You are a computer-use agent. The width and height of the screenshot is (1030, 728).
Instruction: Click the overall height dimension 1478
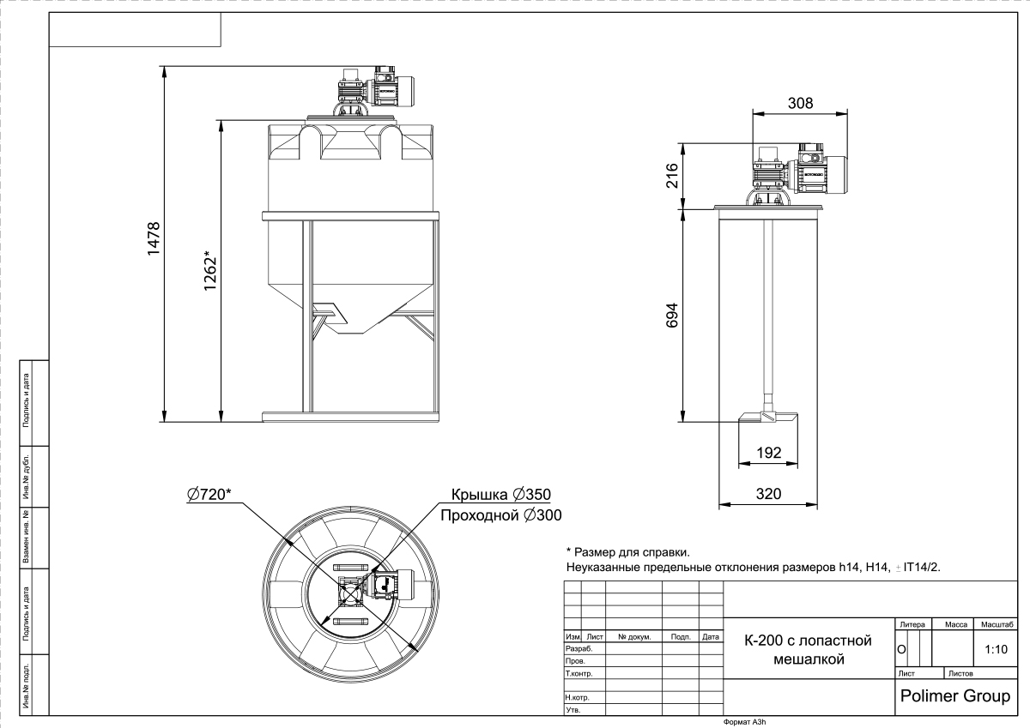tap(154, 239)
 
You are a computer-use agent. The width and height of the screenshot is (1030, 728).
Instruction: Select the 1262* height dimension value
tap(209, 270)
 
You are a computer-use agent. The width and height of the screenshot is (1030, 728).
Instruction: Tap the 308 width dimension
tap(800, 104)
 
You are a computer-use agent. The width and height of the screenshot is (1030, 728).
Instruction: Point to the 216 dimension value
tap(672, 176)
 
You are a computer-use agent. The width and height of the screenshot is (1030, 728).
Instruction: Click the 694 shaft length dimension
tap(672, 315)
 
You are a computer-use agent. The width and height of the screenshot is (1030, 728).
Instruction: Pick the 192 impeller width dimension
tap(769, 453)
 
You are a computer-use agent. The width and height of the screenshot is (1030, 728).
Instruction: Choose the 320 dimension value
tap(768, 494)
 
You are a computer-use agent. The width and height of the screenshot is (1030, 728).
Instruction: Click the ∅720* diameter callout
tap(209, 494)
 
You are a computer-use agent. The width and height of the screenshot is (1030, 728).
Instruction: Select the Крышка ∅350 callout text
tap(500, 494)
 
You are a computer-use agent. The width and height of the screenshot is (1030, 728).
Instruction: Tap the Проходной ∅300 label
tap(501, 515)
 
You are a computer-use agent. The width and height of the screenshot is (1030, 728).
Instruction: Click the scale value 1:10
tap(996, 649)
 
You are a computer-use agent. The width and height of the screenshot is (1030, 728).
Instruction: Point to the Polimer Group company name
tap(955, 696)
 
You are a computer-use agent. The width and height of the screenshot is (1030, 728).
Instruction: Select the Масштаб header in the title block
tap(997, 624)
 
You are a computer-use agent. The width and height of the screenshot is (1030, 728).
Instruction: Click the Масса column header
tap(956, 624)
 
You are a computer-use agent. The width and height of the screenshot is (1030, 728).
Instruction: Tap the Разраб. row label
tap(579, 648)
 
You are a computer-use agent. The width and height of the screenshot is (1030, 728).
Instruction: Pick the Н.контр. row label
tap(577, 697)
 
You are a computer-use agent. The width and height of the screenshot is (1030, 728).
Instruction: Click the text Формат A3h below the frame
tap(744, 722)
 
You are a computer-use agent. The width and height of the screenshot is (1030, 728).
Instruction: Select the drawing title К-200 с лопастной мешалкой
tap(808, 649)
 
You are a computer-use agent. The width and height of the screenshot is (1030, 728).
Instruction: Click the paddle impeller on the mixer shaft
tap(767, 417)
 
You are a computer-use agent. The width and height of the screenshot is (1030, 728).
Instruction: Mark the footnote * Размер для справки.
tap(627, 552)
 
